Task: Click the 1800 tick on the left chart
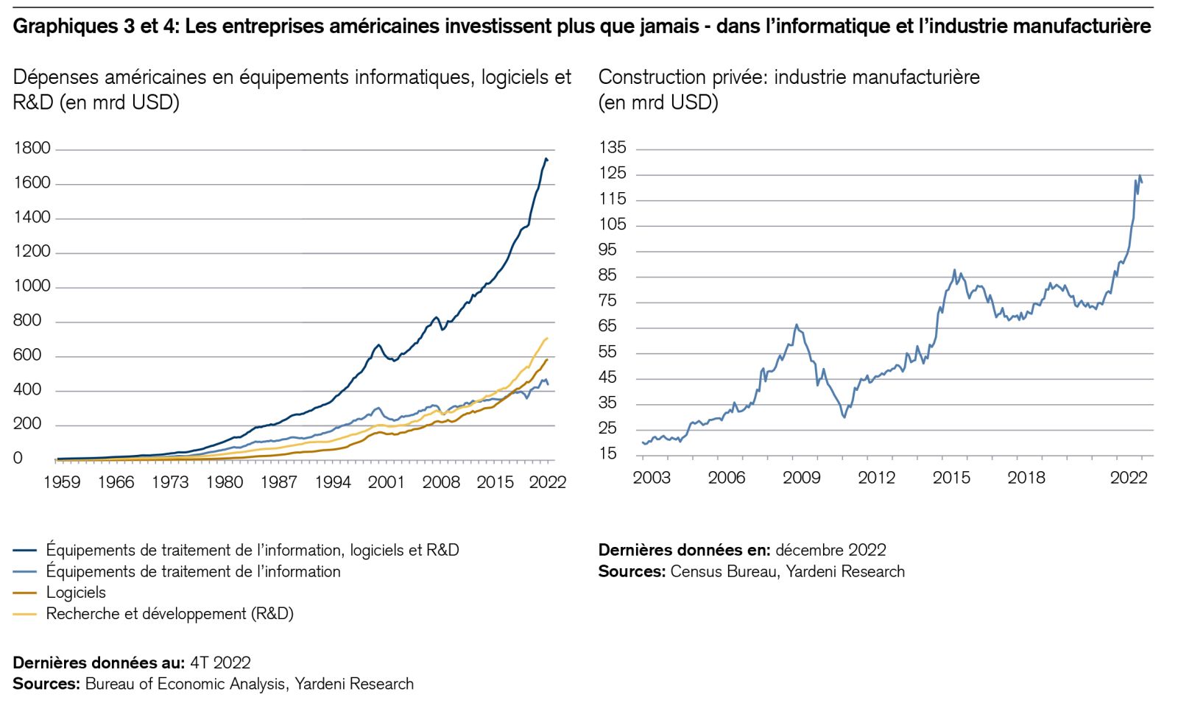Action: [32, 149]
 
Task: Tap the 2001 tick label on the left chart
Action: [387, 482]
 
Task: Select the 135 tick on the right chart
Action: [613, 148]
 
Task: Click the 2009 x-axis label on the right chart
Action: [801, 478]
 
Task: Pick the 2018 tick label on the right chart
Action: [1026, 478]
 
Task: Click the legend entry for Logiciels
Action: [76, 593]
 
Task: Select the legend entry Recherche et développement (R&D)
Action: [169, 614]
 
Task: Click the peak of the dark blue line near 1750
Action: [546, 158]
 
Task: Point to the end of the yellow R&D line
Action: [547, 339]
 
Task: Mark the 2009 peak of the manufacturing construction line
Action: [796, 325]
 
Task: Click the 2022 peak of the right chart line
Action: [1140, 176]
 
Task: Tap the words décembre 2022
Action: [830, 550]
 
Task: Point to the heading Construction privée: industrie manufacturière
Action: [789, 77]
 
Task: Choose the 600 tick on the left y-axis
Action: [28, 356]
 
